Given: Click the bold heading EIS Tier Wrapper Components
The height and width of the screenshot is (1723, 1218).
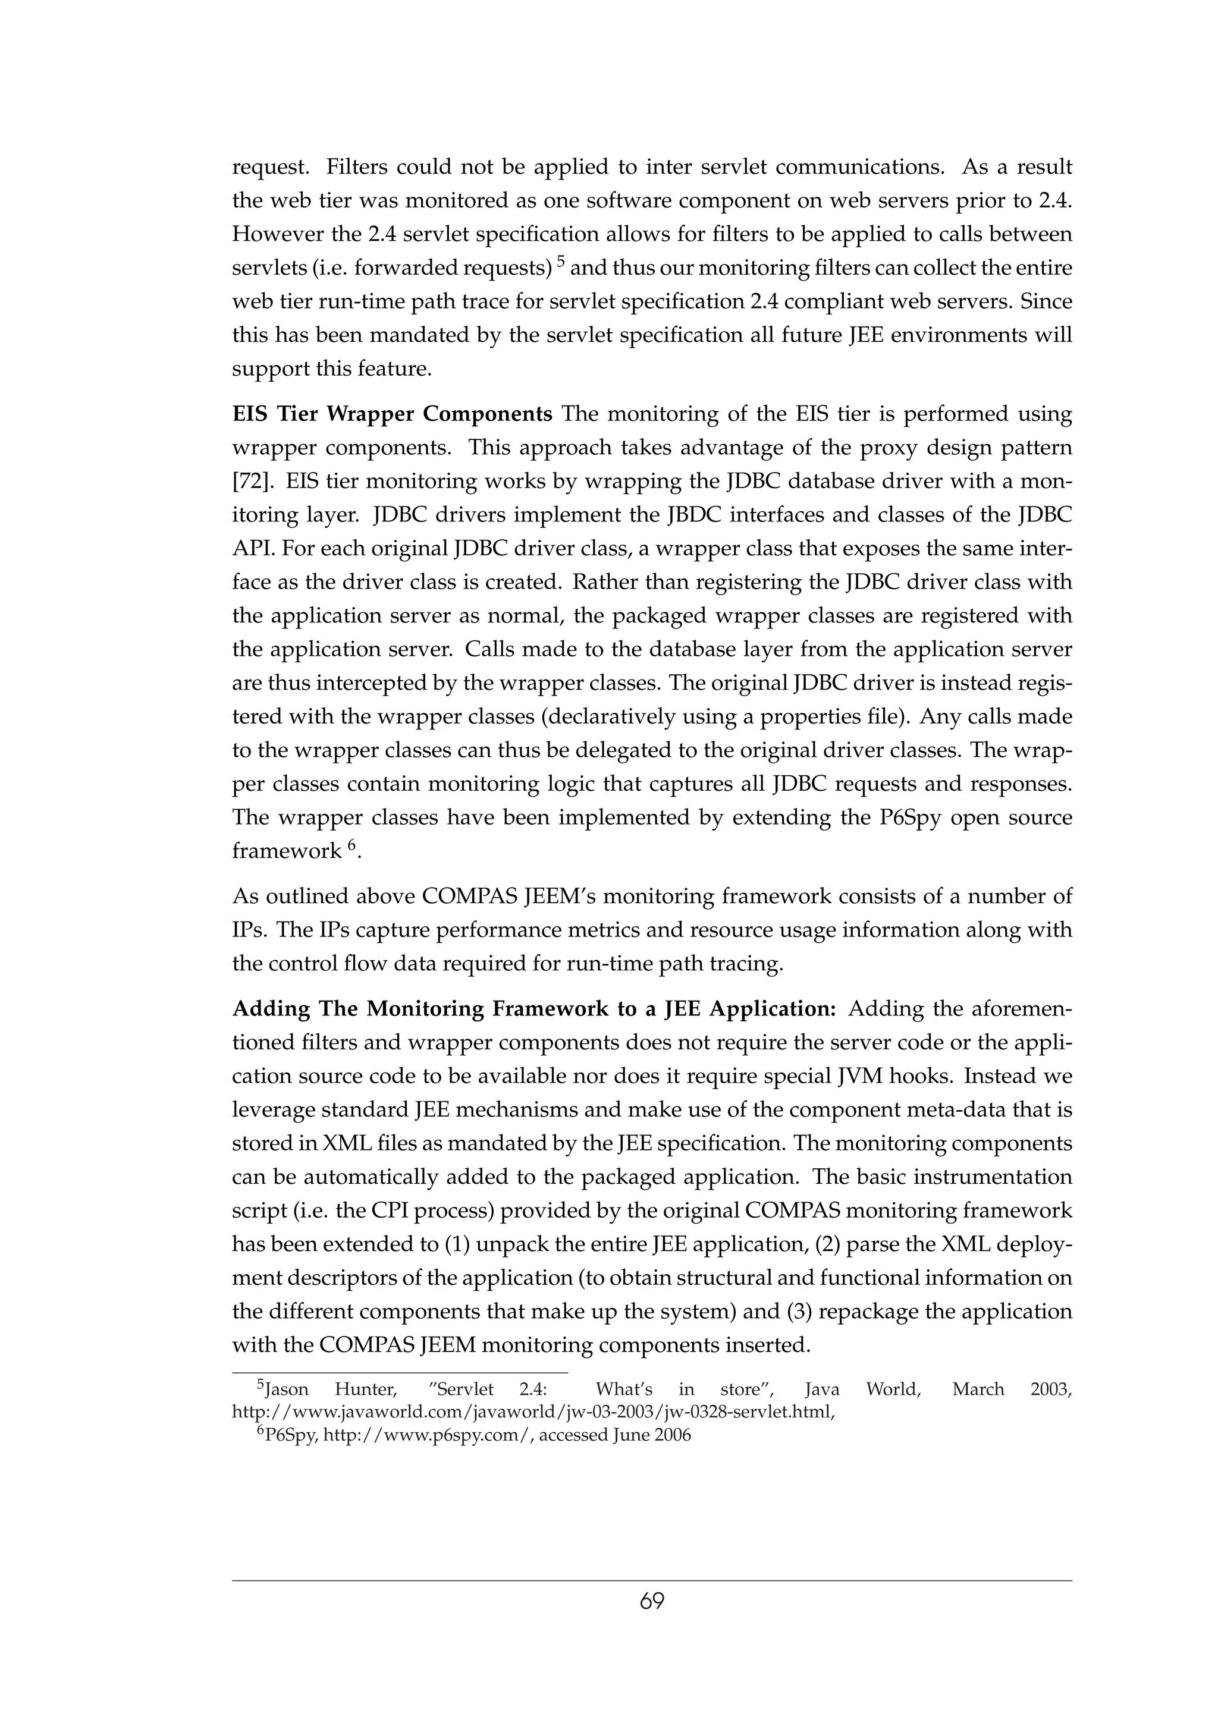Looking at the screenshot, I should pos(392,413).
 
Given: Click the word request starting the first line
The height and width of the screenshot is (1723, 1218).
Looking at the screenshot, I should pos(270,167).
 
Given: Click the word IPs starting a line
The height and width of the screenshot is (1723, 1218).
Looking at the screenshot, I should pos(250,930).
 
